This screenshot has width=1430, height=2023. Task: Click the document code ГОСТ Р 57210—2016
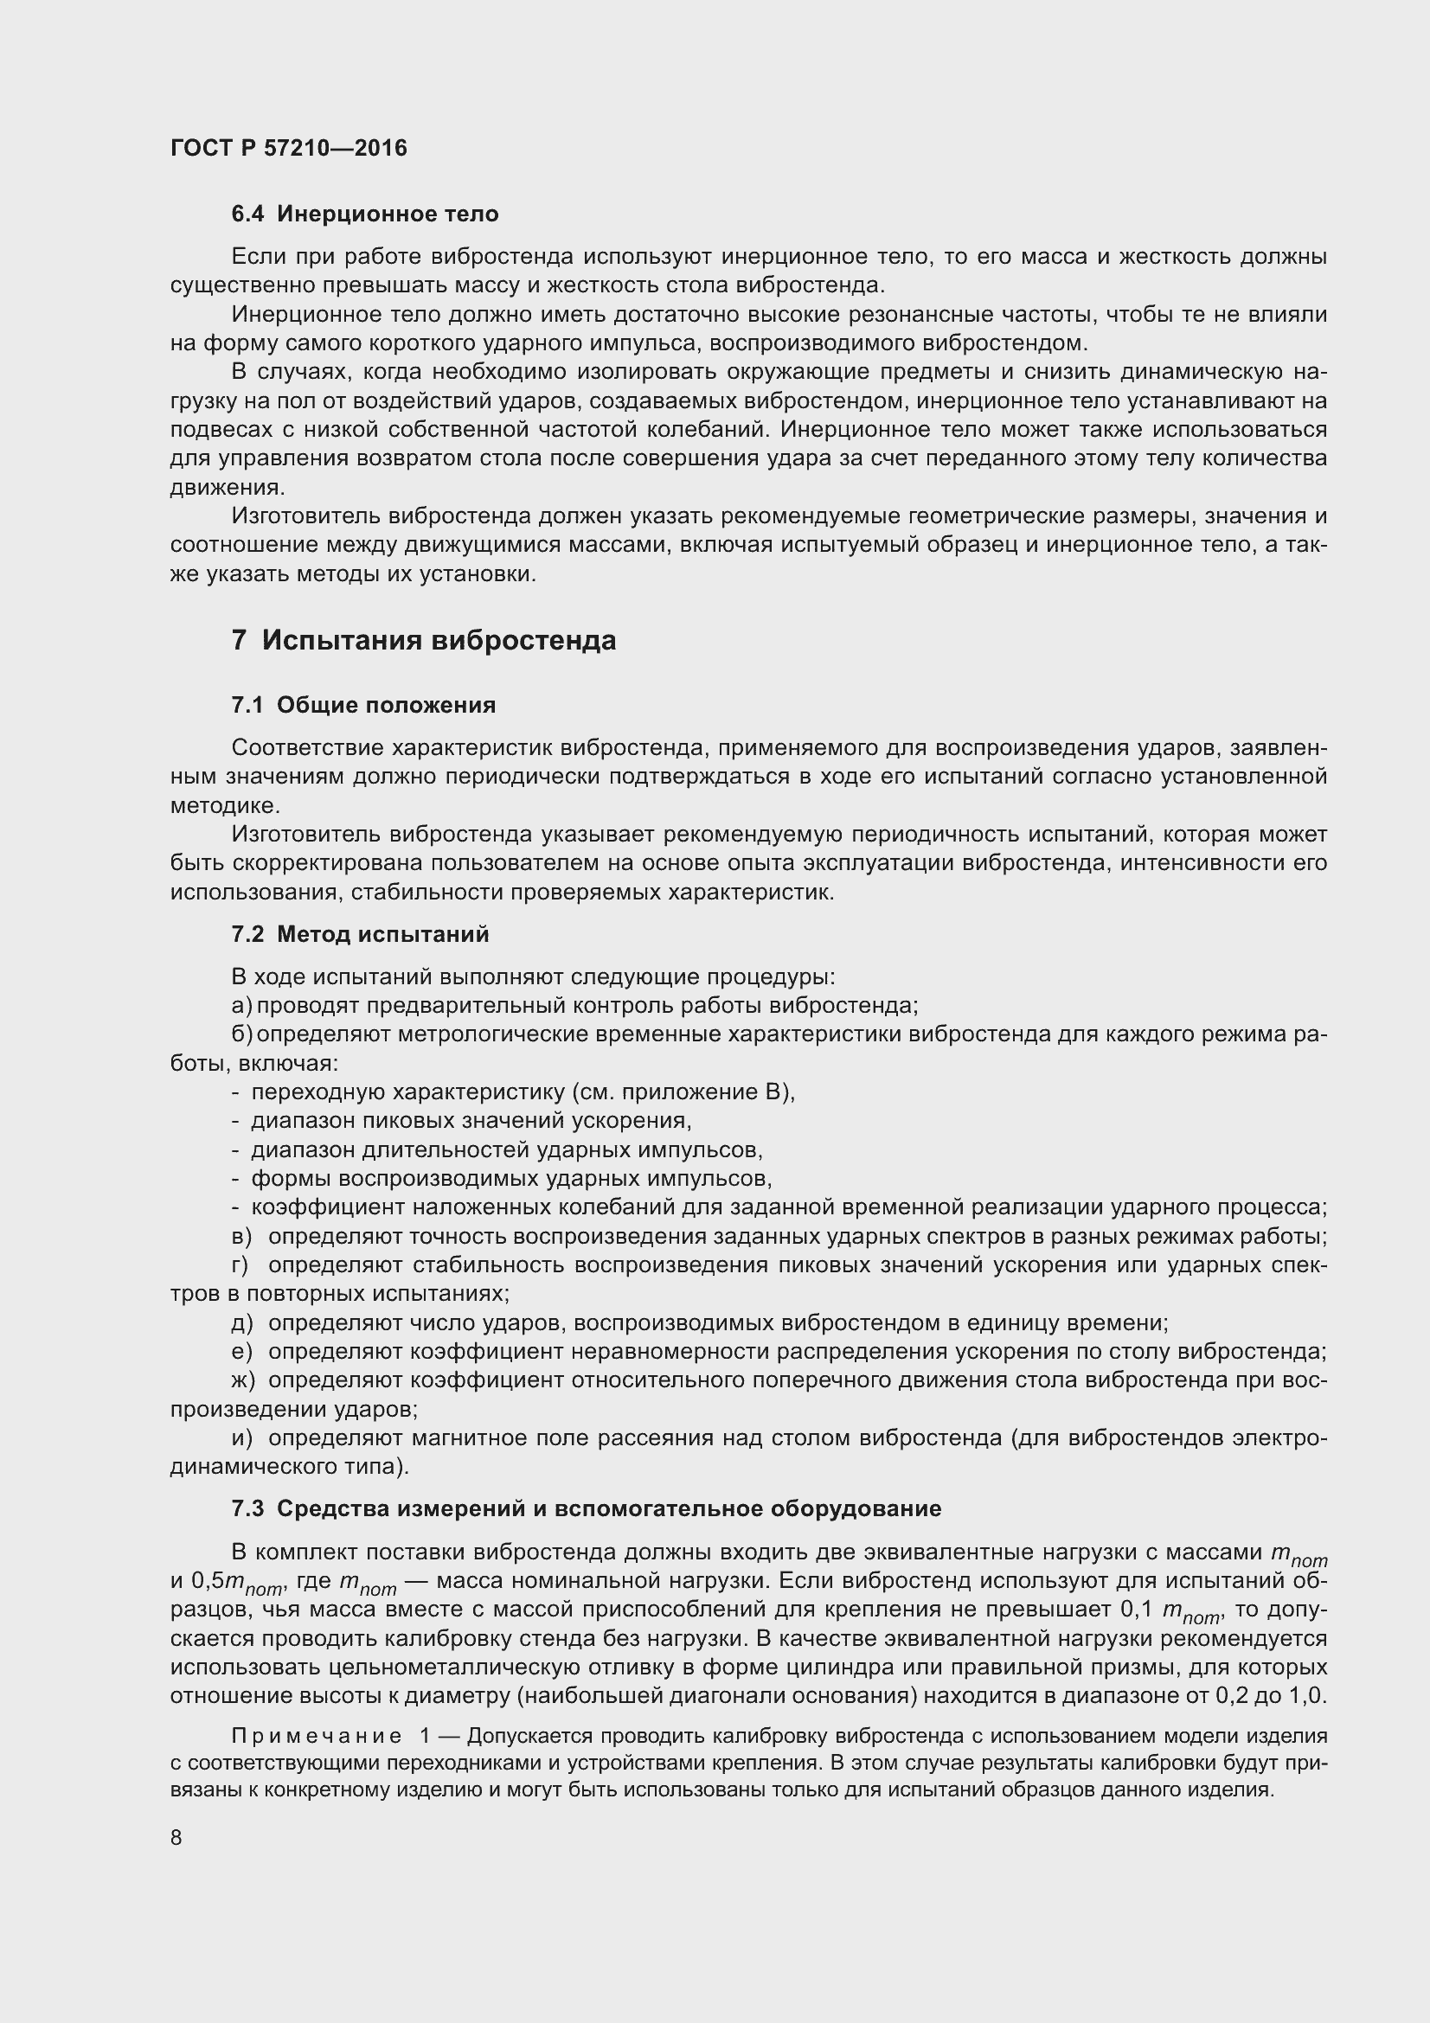pos(289,148)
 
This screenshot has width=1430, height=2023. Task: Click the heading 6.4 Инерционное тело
pos(365,214)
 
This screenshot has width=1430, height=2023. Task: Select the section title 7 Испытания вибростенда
pos(423,641)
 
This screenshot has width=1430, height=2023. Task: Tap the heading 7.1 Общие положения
pos(363,705)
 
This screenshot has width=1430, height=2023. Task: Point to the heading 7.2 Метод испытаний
pos(360,934)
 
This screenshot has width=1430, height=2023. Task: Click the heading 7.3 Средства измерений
pos(586,1508)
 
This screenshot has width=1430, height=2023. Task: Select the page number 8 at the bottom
pos(176,1838)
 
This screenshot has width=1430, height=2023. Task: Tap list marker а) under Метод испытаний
pos(241,1006)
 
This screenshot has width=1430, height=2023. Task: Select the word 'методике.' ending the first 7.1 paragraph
pos(226,805)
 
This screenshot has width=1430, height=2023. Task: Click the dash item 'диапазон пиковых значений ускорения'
pos(471,1122)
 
